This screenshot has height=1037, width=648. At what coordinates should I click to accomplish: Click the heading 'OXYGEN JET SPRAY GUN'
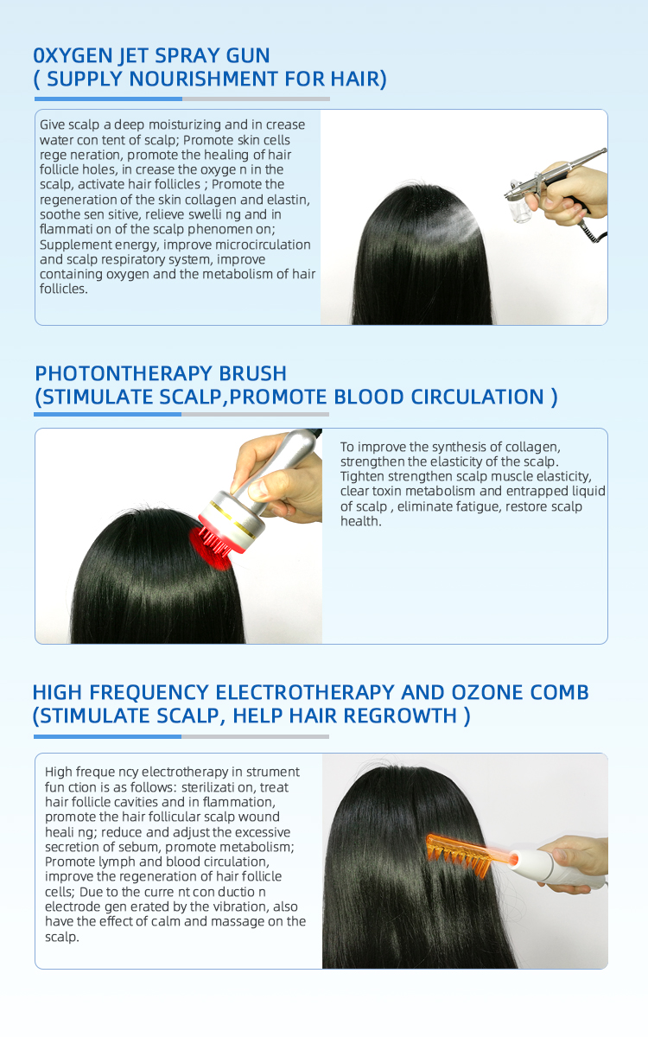click(x=151, y=56)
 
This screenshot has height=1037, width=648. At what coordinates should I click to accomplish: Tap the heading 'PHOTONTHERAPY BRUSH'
click(x=160, y=374)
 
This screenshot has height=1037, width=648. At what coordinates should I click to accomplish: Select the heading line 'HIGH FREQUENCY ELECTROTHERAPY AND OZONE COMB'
click(x=310, y=692)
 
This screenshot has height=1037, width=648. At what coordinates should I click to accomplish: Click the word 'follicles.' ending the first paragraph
click(x=64, y=289)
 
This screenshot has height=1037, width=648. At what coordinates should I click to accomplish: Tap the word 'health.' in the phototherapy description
click(x=360, y=521)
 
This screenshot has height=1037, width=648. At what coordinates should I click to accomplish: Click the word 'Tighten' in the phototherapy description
click(x=364, y=476)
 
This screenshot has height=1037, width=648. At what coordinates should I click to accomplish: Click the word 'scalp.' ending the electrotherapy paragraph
click(x=61, y=937)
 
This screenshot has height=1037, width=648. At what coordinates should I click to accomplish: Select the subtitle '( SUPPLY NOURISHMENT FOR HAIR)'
click(x=210, y=80)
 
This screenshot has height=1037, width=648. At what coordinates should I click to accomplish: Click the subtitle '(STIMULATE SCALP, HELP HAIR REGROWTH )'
click(x=251, y=716)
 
